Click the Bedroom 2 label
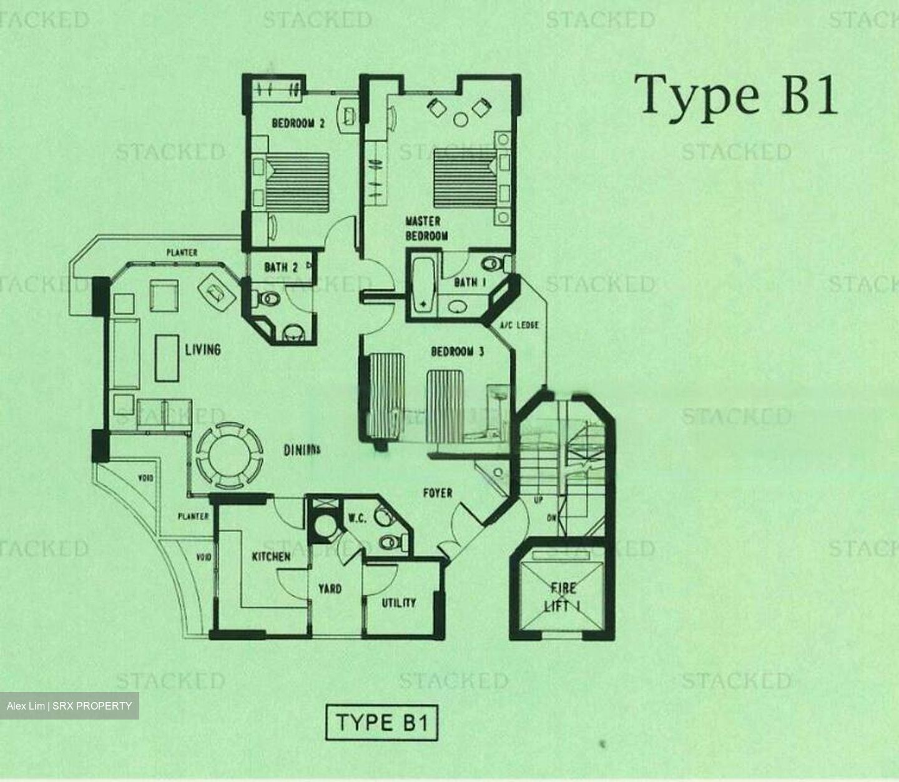coord(298,123)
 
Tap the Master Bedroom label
coord(426,228)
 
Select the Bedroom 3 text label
coord(458,352)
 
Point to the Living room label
coord(203,349)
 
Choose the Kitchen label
coord(271,556)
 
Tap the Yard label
coord(330,588)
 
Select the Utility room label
coord(399,603)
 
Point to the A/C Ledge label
coord(519,325)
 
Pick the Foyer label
coord(438,493)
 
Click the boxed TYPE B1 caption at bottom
coord(381,723)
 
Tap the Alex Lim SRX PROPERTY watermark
coord(69,706)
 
